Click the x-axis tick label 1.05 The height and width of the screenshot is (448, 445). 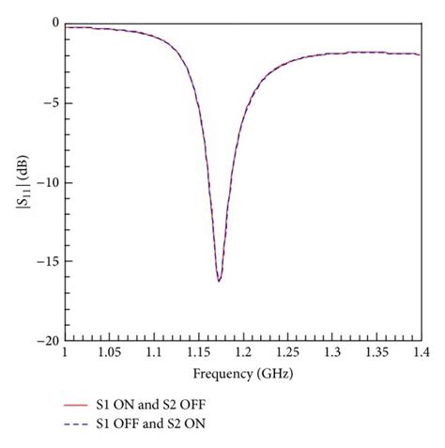[x=109, y=353]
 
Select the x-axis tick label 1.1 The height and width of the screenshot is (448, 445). [x=154, y=353]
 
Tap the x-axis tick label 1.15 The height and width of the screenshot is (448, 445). [x=198, y=353]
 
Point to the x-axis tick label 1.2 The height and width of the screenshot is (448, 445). [x=242, y=353]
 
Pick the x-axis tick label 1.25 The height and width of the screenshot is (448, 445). [x=287, y=353]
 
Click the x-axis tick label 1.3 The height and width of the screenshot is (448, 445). [x=331, y=353]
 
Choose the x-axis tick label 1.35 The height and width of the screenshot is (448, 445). [x=376, y=353]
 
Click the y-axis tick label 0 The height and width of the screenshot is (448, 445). [x=54, y=23]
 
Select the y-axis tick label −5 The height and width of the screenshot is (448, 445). [x=50, y=103]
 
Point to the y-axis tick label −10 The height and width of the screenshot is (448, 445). [x=47, y=182]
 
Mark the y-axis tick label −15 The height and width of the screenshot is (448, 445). [x=47, y=262]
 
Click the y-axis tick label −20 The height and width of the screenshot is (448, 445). [x=47, y=341]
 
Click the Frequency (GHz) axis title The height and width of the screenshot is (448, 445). [x=242, y=373]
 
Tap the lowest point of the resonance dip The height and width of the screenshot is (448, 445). [x=219, y=281]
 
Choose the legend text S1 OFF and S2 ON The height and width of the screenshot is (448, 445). [x=150, y=425]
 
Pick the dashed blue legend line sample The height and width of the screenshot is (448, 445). [x=78, y=425]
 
